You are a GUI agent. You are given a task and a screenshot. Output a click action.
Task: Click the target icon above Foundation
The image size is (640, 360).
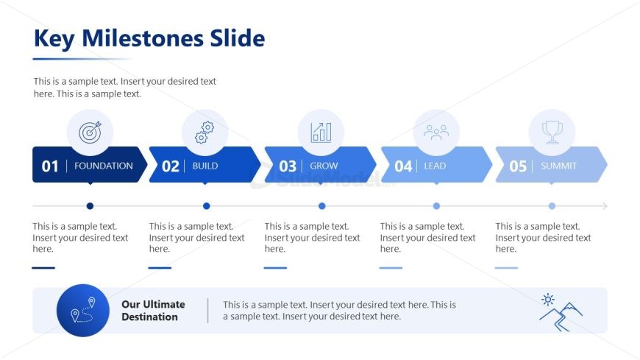point(90,132)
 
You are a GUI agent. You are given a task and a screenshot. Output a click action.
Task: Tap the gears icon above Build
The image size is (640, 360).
point(205,132)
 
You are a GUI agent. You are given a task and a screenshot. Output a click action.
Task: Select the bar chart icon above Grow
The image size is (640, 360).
point(321,133)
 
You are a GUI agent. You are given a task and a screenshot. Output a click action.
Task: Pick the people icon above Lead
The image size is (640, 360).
point(436,133)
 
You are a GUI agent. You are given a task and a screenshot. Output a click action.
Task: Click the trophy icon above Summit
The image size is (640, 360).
point(552,133)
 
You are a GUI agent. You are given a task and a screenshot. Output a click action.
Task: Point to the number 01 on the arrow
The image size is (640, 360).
point(50,166)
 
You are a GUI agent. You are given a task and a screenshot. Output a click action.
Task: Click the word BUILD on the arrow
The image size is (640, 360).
point(205,166)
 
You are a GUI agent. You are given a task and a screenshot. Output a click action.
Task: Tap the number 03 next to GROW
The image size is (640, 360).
point(288,166)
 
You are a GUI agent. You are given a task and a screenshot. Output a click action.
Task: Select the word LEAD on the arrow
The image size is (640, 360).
point(435,166)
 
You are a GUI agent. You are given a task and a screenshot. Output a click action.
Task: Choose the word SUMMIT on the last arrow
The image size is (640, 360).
point(559,166)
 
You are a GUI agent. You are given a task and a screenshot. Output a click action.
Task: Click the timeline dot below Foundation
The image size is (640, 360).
point(90,206)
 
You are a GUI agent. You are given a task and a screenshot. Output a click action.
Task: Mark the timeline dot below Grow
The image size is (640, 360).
point(322,206)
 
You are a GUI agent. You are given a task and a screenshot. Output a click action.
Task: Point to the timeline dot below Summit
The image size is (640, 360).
point(552,206)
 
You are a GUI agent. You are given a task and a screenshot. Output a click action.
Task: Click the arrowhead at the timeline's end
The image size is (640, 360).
point(605,206)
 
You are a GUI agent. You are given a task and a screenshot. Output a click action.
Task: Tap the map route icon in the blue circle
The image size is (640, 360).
point(83,310)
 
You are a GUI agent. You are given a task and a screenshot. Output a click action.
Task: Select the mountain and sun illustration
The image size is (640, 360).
point(561,312)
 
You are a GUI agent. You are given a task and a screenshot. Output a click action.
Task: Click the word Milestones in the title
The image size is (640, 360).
point(143,38)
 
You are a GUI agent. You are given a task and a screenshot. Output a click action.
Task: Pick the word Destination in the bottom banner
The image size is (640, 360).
point(149,317)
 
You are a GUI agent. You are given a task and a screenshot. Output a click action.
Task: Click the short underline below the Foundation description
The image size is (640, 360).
point(43,268)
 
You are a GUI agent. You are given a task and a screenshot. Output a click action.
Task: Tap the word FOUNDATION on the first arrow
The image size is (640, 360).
point(104,166)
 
